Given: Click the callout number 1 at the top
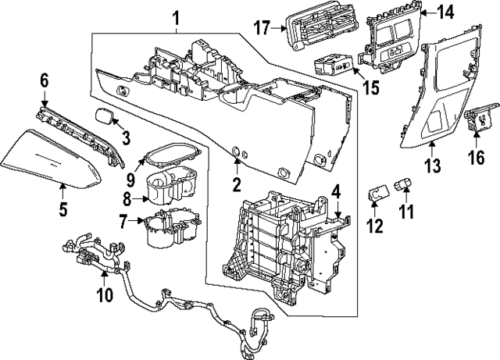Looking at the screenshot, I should click(x=176, y=16).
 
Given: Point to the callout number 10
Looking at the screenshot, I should click(x=103, y=294).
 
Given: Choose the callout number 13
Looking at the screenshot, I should click(x=432, y=166).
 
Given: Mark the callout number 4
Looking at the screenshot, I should click(x=334, y=190).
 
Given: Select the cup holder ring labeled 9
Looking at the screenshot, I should click(x=167, y=154).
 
